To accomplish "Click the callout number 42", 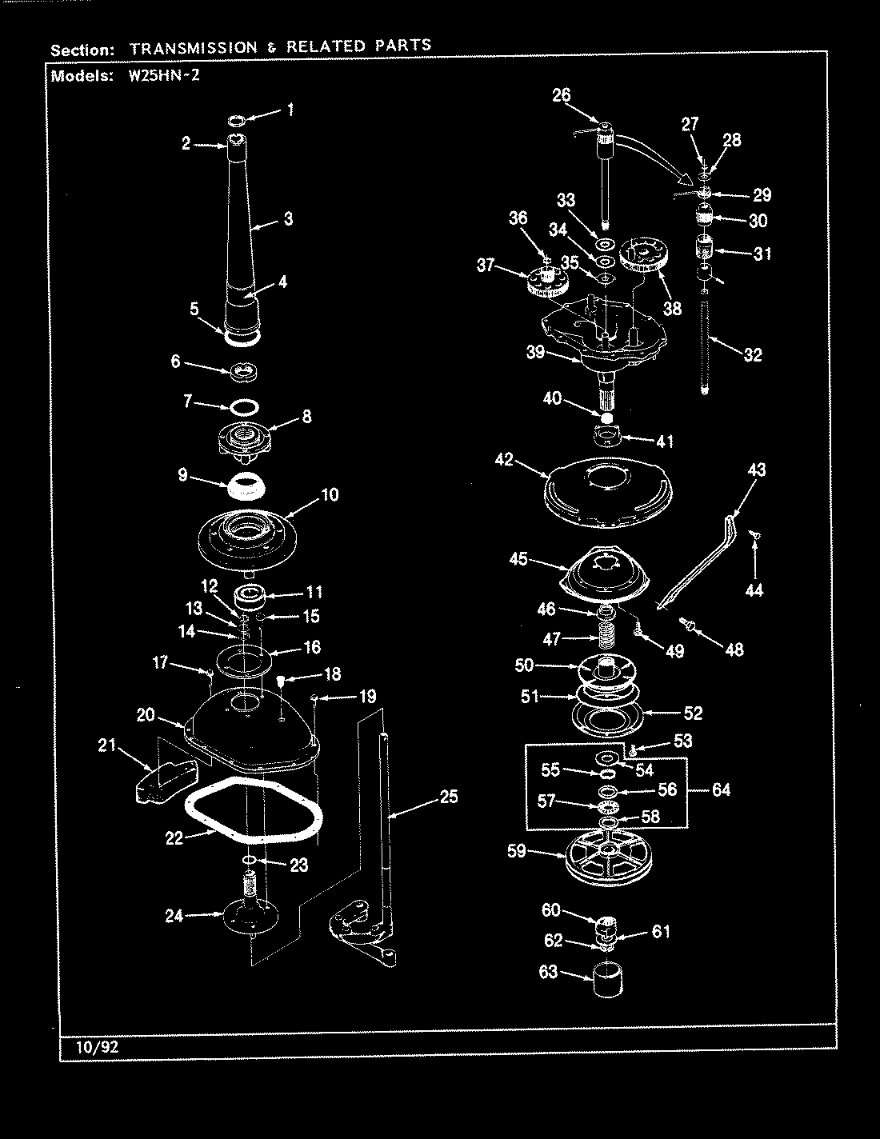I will click(x=503, y=461).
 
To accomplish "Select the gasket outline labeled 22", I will click(x=254, y=808).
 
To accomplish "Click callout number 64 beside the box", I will click(x=721, y=790).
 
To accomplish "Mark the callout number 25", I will click(x=449, y=797).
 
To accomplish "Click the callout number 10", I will click(x=329, y=495).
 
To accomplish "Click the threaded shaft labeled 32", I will click(x=705, y=344).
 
